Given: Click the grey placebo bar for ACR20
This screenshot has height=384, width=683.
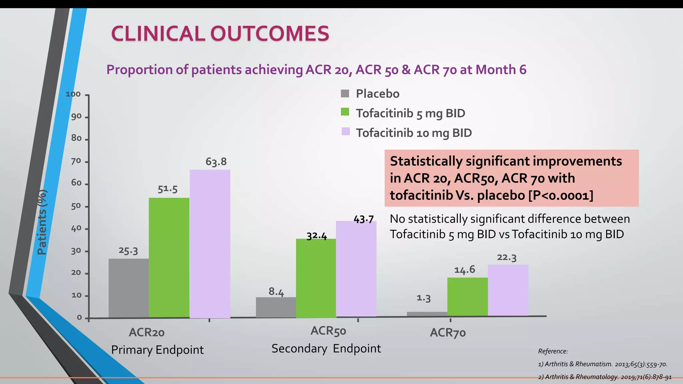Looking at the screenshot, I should pyautogui.click(x=128, y=288).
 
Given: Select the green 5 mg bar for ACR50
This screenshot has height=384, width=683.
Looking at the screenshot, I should pyautogui.click(x=316, y=278).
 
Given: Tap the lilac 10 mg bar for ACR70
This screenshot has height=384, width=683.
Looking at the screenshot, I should pyautogui.click(x=508, y=290).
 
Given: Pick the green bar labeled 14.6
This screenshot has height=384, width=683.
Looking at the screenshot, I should pyautogui.click(x=467, y=297).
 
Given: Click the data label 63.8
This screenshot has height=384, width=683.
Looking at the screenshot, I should pyautogui.click(x=216, y=162).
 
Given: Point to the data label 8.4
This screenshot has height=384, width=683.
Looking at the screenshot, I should pyautogui.click(x=276, y=292).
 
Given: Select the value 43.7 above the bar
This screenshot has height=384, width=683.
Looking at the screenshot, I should pyautogui.click(x=364, y=219).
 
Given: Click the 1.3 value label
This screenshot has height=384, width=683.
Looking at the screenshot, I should pyautogui.click(x=424, y=298).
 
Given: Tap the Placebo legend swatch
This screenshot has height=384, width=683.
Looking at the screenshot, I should pyautogui.click(x=345, y=94).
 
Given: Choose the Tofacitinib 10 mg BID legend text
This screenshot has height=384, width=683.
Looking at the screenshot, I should pyautogui.click(x=414, y=133).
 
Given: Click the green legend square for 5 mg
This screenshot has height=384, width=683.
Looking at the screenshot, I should pyautogui.click(x=345, y=112).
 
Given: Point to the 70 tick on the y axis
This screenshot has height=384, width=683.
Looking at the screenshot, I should pyautogui.click(x=76, y=161).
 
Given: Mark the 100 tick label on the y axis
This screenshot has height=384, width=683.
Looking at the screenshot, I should pyautogui.click(x=73, y=94).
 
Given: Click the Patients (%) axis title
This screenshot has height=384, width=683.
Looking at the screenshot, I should pyautogui.click(x=42, y=222).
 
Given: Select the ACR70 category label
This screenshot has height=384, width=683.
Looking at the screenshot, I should pyautogui.click(x=448, y=333).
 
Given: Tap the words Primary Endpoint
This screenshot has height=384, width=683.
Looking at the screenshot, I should pyautogui.click(x=157, y=350).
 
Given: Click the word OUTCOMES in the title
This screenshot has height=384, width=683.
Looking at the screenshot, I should pyautogui.click(x=269, y=34).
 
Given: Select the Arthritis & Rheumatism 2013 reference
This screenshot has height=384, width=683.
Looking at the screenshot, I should pyautogui.click(x=602, y=364).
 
